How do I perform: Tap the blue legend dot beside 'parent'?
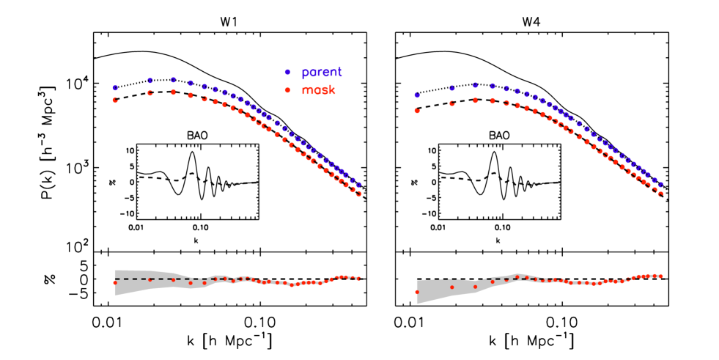(x=288, y=72)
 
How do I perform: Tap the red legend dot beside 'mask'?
(x=288, y=89)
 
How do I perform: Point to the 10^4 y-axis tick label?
(x=75, y=84)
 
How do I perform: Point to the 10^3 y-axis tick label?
(x=75, y=167)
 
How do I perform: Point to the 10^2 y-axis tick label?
(x=75, y=246)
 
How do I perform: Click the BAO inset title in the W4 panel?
(x=498, y=136)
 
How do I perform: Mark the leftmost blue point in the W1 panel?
(x=115, y=87)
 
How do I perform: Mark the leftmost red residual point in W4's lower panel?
(x=418, y=293)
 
